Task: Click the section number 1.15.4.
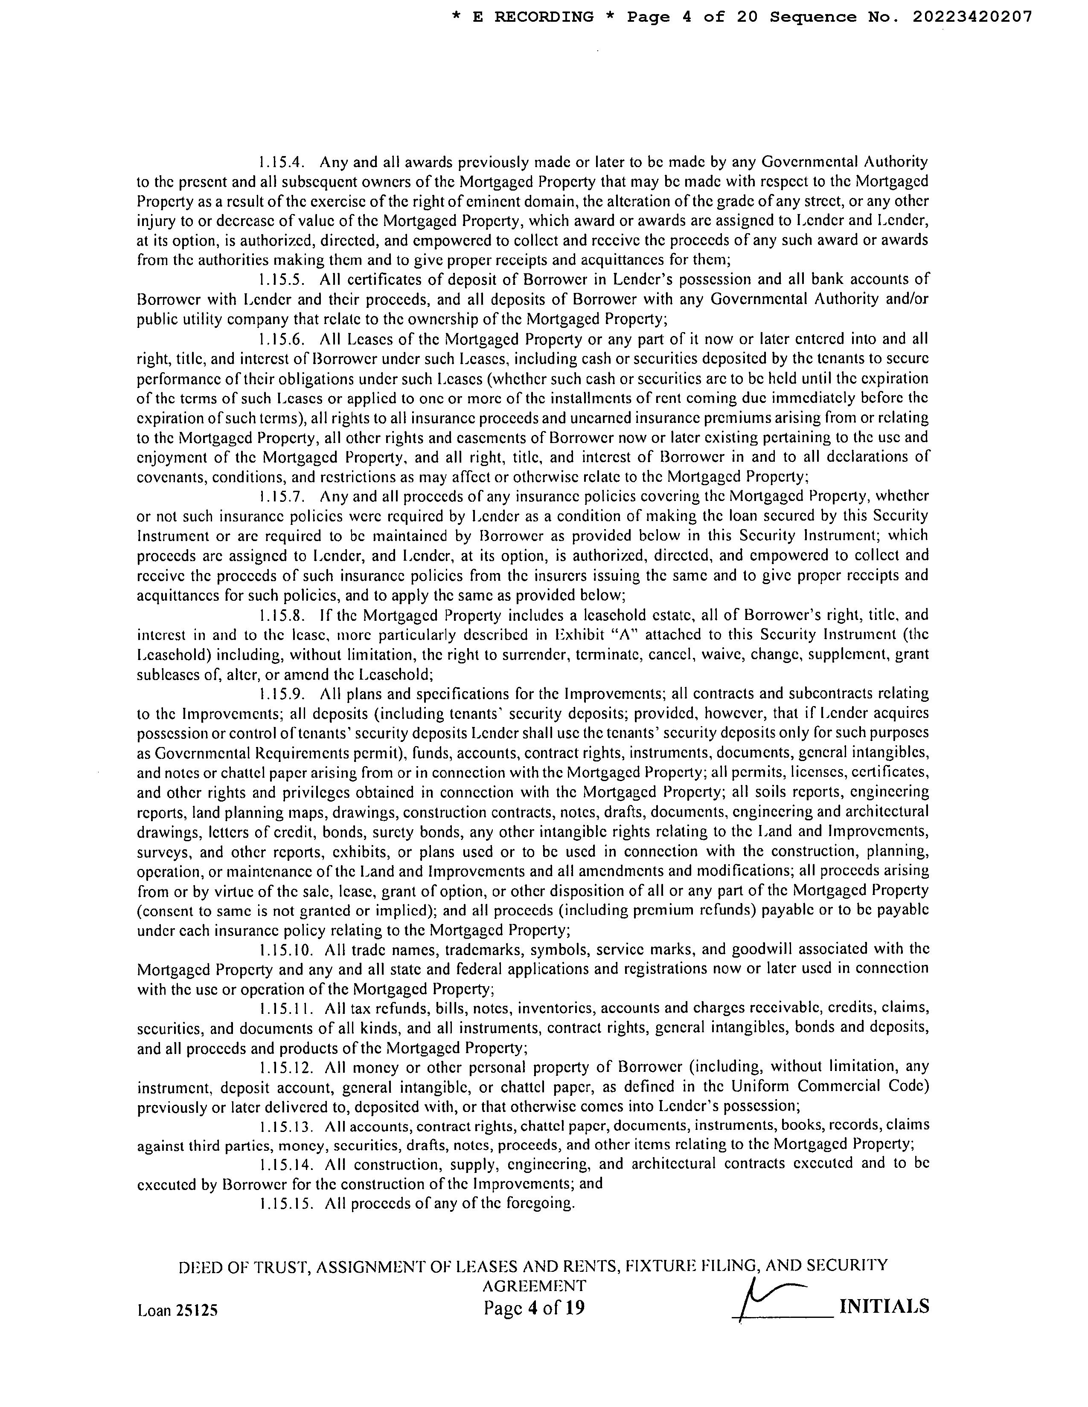pos(284,161)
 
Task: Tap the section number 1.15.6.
pos(284,339)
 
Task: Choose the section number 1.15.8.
pos(284,615)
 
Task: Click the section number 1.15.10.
pos(288,950)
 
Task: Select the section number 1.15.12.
pos(288,1068)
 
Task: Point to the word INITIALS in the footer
pos(884,1306)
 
